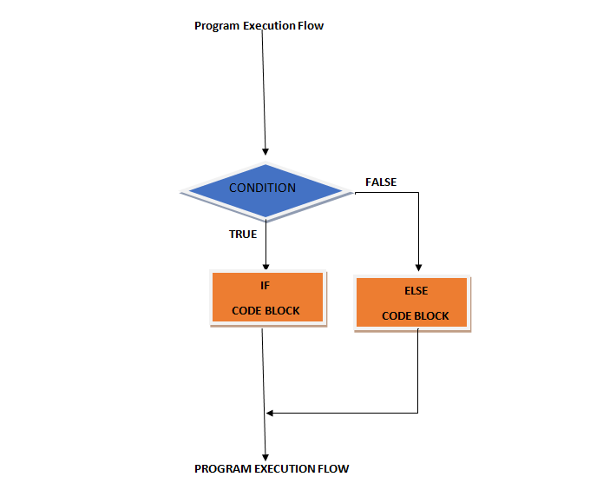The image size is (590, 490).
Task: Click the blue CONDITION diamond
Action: [262, 189]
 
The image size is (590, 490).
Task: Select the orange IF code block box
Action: [267, 298]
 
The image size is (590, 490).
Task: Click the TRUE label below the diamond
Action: [242, 234]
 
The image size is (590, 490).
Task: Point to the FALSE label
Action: [381, 182]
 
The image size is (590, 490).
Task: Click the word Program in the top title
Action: [216, 26]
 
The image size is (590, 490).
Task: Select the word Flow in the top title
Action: [310, 26]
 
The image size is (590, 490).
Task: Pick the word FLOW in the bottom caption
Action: [335, 469]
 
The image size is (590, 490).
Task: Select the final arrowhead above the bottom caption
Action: [265, 456]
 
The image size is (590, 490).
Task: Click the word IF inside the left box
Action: [266, 285]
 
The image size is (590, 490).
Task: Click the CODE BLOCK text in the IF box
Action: [266, 311]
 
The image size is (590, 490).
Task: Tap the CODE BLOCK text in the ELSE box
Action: [416, 316]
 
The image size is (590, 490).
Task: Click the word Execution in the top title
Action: [268, 26]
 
